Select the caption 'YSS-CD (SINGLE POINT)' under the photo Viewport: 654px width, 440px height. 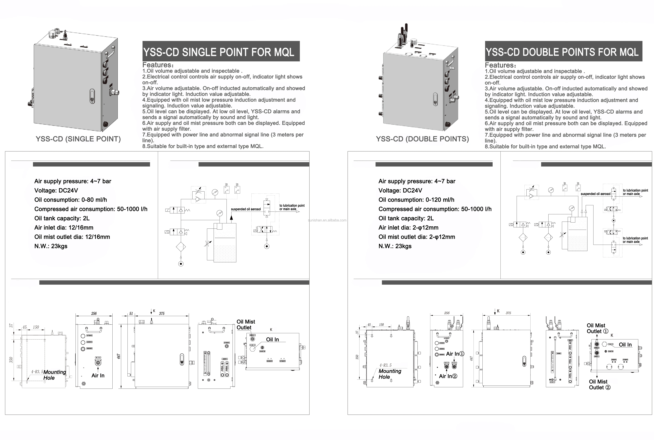coord(78,139)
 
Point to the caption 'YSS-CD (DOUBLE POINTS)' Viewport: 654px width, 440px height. coord(422,139)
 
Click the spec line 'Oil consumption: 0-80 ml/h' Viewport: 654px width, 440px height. coord(70,200)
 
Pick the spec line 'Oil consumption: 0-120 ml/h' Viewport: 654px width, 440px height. coord(416,200)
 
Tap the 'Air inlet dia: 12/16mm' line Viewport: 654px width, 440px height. coord(64,228)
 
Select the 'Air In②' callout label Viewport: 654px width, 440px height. coord(448,376)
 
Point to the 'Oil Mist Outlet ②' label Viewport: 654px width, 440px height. coord(600,384)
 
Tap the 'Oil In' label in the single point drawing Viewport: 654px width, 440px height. coord(272,340)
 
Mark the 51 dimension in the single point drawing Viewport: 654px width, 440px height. coord(131,313)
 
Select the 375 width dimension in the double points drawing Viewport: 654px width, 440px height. coord(508,313)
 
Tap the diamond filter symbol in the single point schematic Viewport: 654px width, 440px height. coord(181,247)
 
